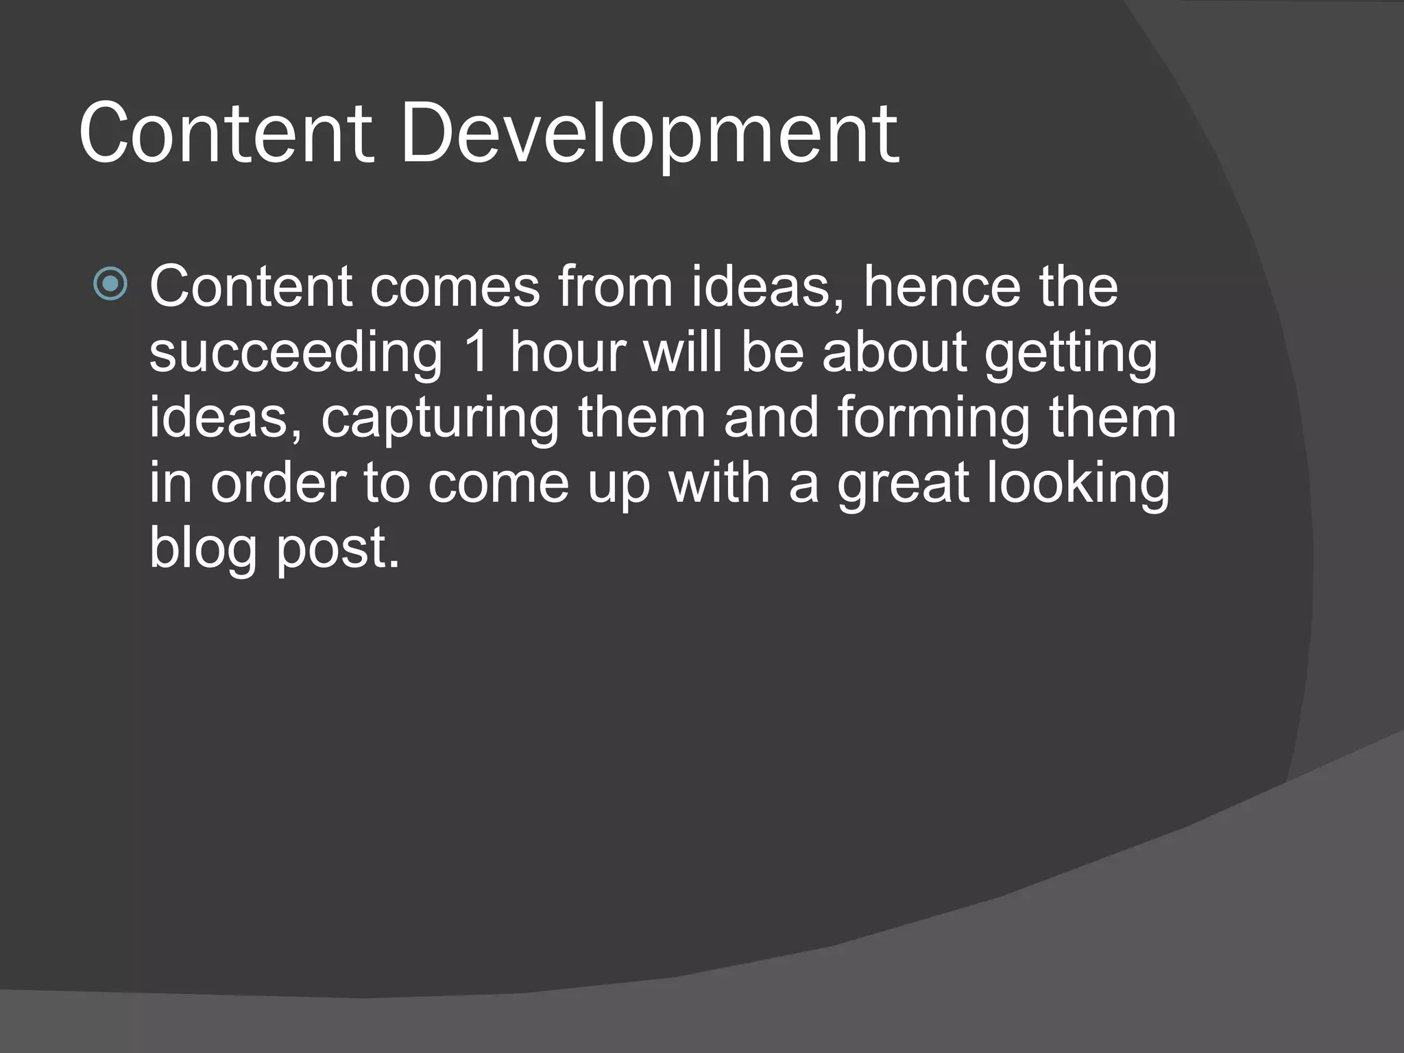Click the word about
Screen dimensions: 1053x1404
894,352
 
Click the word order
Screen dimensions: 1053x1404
278,483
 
